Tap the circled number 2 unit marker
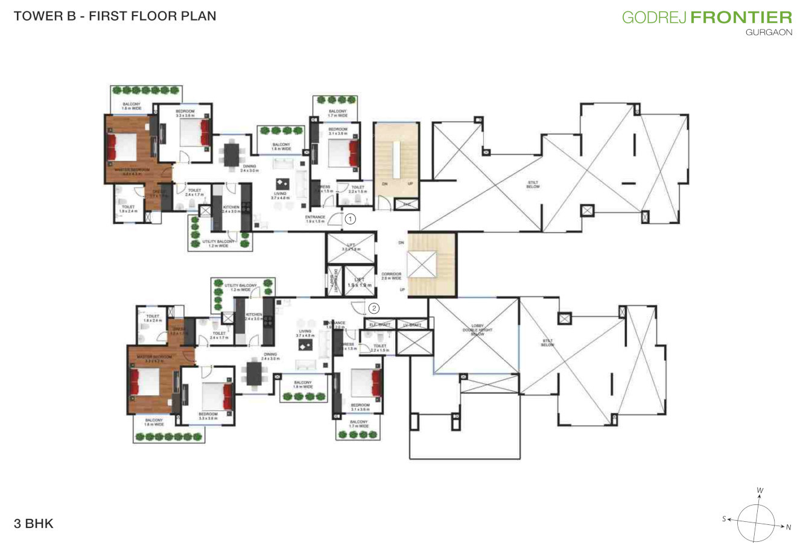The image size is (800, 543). point(374,308)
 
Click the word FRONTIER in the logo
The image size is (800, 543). point(741,17)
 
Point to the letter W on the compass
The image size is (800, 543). point(760,491)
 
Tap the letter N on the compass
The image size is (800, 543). point(788,527)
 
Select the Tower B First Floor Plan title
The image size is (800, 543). point(115,16)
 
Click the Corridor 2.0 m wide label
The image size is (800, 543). point(392,276)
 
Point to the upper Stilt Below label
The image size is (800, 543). point(533,185)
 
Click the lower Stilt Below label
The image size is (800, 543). point(547,343)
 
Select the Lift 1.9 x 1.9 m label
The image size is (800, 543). point(360,281)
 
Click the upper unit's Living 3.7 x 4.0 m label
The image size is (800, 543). point(280,195)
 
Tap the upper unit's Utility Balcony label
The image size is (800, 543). point(215,244)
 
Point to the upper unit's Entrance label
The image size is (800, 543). point(315,219)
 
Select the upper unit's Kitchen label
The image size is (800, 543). point(230,209)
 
